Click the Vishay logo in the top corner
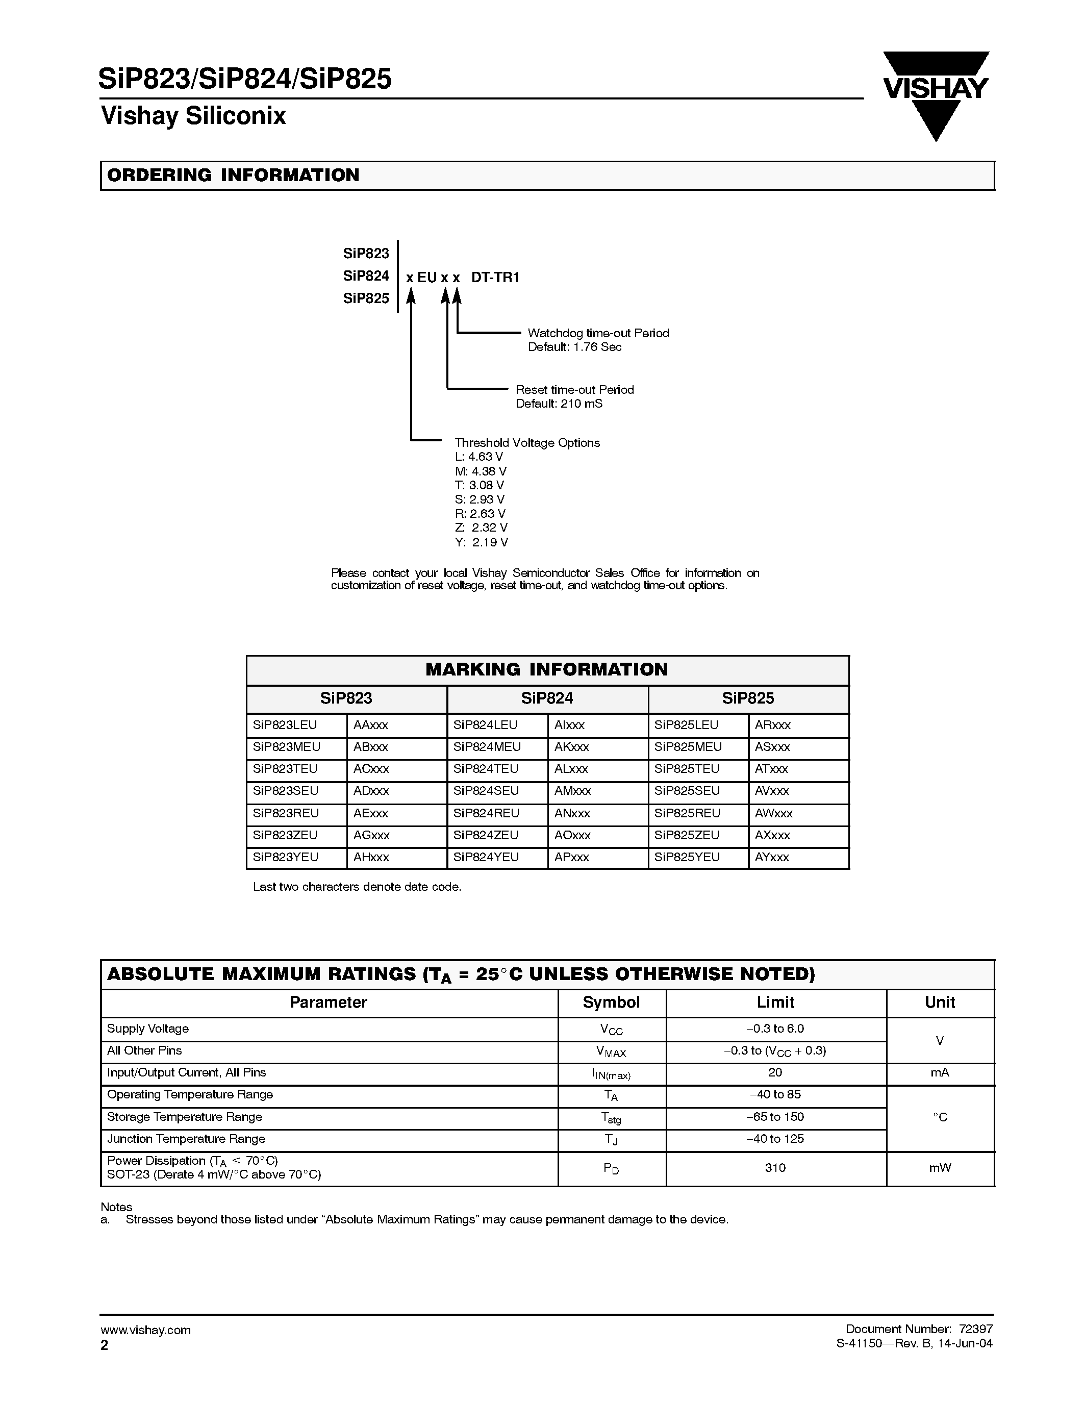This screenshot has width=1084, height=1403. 935,94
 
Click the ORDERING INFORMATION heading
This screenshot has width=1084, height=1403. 233,176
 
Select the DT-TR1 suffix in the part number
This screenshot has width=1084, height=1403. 495,278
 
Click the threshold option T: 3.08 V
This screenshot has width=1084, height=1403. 479,485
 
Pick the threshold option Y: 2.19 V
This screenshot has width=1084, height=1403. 481,542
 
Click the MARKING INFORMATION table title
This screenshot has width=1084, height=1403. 546,669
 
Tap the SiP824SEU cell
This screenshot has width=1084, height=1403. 486,791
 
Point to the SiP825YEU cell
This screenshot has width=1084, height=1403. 687,857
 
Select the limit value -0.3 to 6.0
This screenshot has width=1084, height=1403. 775,1029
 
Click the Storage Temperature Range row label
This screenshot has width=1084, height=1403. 184,1116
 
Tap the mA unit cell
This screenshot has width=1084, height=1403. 940,1072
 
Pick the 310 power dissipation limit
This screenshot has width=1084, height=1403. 775,1167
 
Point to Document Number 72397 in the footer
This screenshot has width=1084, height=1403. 919,1329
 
